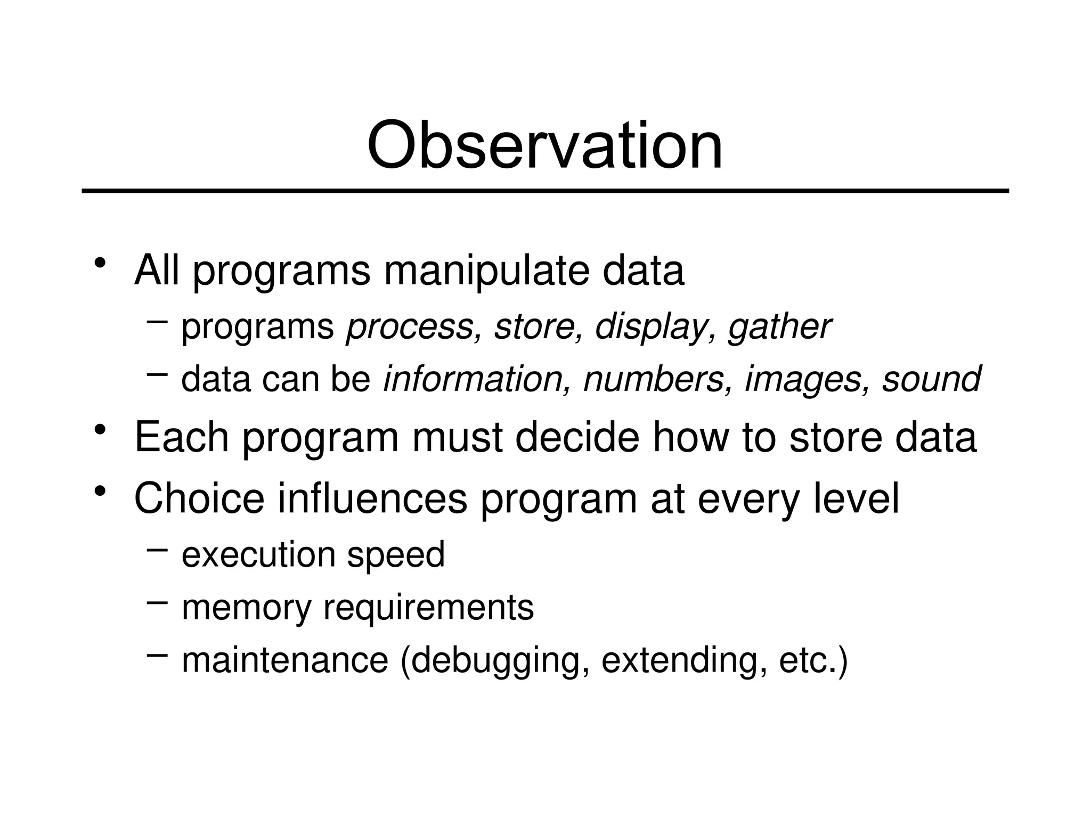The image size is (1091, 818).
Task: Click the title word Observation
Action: [x=544, y=145]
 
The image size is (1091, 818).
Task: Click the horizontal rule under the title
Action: [x=544, y=190]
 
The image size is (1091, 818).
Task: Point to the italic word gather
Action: [x=779, y=327]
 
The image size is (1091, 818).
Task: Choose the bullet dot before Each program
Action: [x=99, y=429]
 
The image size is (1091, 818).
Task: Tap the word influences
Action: [x=372, y=498]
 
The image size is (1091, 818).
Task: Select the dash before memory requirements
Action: [x=157, y=602]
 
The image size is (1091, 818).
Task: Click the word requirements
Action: [x=428, y=608]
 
